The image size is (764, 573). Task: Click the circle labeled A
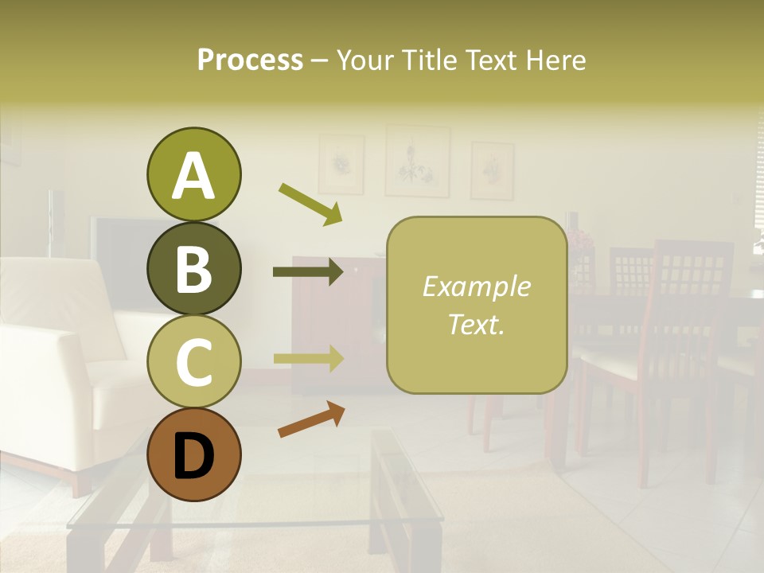click(x=193, y=175)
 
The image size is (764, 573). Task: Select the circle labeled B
click(x=193, y=268)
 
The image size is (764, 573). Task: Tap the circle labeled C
click(x=193, y=361)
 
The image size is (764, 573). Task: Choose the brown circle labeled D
click(x=193, y=454)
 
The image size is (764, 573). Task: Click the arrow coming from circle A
click(x=310, y=204)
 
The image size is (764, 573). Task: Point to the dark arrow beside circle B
click(x=308, y=272)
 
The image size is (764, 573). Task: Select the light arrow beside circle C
click(x=308, y=358)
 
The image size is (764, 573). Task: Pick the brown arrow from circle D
click(x=311, y=419)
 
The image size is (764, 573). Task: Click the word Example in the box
click(x=476, y=286)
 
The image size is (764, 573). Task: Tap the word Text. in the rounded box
click(x=476, y=324)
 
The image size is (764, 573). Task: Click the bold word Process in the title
click(x=250, y=60)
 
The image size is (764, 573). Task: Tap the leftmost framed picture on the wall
click(x=341, y=165)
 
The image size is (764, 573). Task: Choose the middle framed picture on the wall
click(x=417, y=161)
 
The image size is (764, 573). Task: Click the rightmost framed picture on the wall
click(x=492, y=170)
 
